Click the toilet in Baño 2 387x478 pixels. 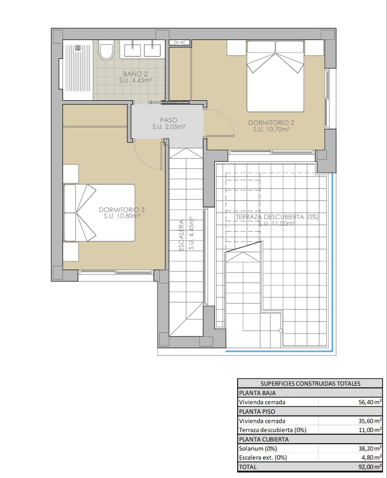106,51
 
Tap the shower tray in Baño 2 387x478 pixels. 77,70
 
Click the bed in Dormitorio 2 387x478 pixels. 275,76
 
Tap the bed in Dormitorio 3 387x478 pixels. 99,213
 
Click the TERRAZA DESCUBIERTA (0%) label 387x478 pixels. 277,217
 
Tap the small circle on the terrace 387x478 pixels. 280,331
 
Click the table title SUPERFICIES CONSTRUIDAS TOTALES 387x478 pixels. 310,383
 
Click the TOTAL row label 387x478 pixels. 248,467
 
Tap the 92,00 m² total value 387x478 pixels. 370,467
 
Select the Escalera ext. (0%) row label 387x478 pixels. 263,457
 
